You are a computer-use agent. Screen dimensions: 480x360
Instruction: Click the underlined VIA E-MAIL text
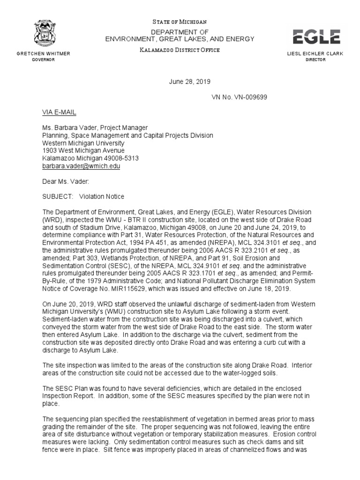(x=59, y=113)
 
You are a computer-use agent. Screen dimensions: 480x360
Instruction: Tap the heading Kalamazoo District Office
(x=179, y=50)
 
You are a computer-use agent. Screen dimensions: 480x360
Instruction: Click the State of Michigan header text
(x=180, y=22)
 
